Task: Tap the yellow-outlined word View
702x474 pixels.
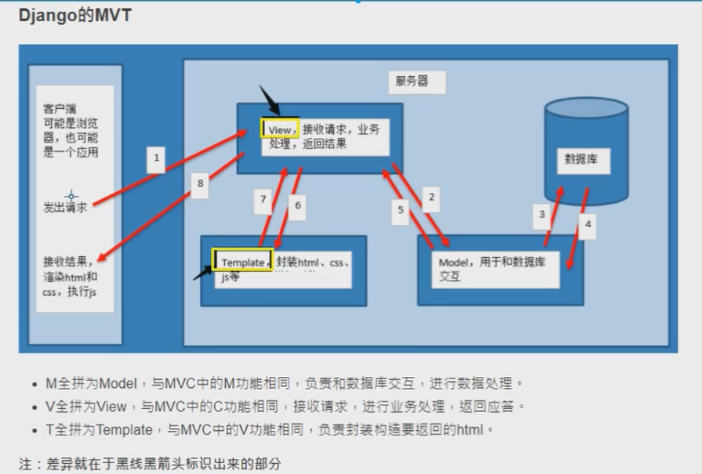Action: (280, 129)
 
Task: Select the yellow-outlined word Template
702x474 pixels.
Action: (243, 261)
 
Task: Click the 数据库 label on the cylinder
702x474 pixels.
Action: (581, 158)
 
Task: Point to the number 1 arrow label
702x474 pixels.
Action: (156, 157)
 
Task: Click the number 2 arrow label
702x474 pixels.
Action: (432, 197)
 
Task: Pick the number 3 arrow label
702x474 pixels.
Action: (542, 215)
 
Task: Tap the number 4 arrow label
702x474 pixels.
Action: (587, 225)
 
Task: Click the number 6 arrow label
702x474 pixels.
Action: (297, 206)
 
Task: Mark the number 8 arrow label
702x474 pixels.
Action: (200, 184)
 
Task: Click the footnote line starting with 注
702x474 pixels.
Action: (150, 464)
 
